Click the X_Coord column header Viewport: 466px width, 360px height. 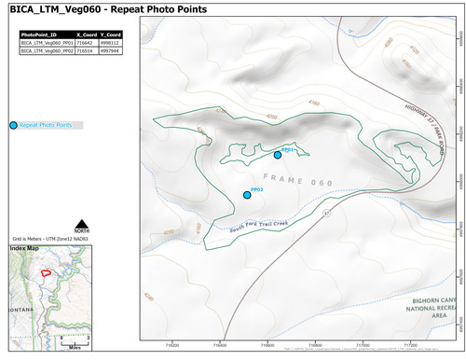85,35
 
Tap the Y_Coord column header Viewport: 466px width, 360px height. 111,35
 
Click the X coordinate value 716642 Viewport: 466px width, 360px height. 85,42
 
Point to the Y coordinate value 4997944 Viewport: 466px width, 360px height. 111,49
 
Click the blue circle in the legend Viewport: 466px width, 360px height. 12,125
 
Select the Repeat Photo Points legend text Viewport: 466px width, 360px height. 46,125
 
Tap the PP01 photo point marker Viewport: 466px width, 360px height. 278,155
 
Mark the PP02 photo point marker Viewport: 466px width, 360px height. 247,195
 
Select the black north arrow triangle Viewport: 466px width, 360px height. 82,222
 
